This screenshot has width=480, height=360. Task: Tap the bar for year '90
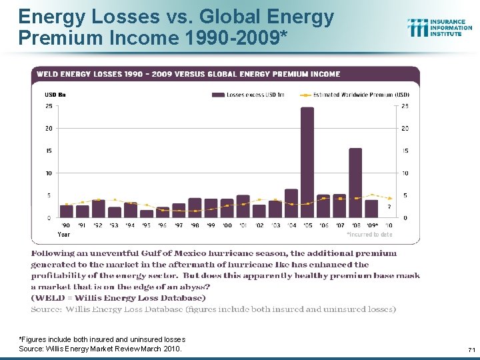point(67,211)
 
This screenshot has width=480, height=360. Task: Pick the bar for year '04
point(291,203)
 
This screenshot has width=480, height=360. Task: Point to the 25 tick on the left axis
point(49,105)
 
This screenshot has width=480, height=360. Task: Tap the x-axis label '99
point(211,225)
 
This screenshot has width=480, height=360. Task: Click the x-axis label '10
point(388,225)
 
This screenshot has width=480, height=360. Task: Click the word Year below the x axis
point(64,234)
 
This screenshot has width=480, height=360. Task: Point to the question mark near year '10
point(389,206)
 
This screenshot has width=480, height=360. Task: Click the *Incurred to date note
point(369,235)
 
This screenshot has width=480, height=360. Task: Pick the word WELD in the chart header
point(49,74)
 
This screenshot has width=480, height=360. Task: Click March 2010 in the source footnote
point(164,349)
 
